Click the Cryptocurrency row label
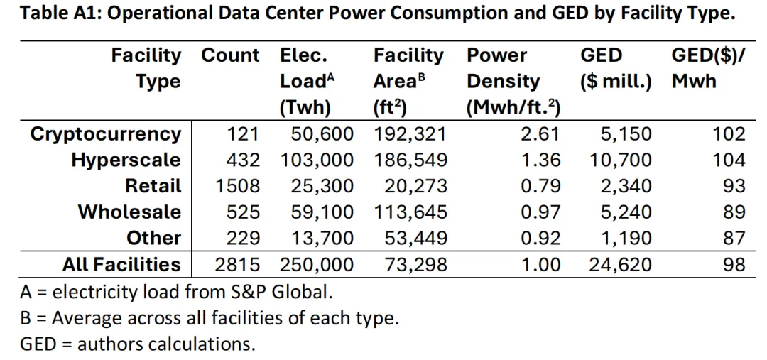[x=106, y=134]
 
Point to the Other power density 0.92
[x=540, y=238]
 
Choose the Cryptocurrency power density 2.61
[x=540, y=134]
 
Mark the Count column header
[x=230, y=56]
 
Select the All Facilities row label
[x=122, y=265]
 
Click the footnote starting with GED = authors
[x=138, y=344]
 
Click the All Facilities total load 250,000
[x=317, y=265]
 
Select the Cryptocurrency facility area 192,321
[x=410, y=134]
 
